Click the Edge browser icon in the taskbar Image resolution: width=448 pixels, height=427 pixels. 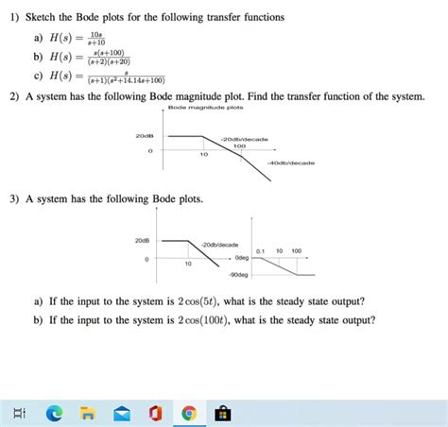pos(54,412)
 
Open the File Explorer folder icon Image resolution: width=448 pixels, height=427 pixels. pos(87,412)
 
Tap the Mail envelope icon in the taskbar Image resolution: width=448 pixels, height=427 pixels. pos(121,412)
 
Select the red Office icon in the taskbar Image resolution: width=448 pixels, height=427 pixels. pos(155,412)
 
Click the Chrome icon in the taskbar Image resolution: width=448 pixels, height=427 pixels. pos(189,412)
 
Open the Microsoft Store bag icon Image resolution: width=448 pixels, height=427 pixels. pos(222,412)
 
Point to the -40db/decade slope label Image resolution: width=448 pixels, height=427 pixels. pos(290,162)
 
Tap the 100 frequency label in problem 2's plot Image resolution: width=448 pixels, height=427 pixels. pos(239,146)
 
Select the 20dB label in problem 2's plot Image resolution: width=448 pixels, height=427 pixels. pos(145,136)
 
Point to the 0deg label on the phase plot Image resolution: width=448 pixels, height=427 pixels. pos(241,257)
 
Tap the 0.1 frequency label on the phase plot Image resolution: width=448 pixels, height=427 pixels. pos(259,250)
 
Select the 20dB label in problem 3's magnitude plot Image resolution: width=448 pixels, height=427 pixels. pos(144,239)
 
